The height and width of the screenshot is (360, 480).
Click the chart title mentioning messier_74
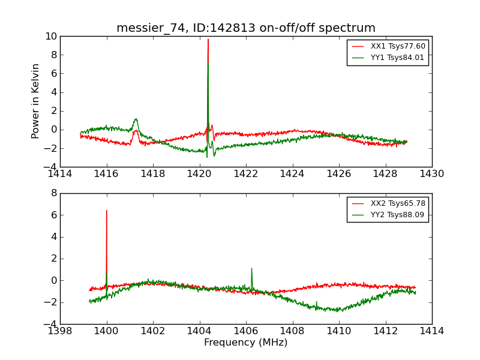pos(246,28)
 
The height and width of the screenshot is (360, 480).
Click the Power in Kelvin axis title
pos(36,101)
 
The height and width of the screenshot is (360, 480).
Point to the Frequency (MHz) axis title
pos(246,343)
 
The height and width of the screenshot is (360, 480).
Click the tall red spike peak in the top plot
pos(208,40)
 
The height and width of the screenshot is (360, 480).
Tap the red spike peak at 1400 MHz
pos(107,211)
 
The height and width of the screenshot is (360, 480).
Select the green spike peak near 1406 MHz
pos(251,268)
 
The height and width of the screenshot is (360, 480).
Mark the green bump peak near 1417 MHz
pos(136,119)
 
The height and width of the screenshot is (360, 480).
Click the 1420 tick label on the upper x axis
pos(199,174)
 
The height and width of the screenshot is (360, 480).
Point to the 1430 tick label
pos(431,174)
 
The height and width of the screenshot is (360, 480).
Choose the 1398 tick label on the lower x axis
pos(60,331)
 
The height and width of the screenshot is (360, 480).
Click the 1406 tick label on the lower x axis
pos(246,331)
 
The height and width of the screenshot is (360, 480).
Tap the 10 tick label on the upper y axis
pos(50,37)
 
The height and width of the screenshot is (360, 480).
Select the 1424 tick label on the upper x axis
pos(292,174)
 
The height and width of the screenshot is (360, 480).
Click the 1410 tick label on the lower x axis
pos(339,331)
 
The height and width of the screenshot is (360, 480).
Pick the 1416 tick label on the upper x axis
pos(107,174)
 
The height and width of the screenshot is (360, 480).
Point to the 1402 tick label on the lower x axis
pos(153,331)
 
